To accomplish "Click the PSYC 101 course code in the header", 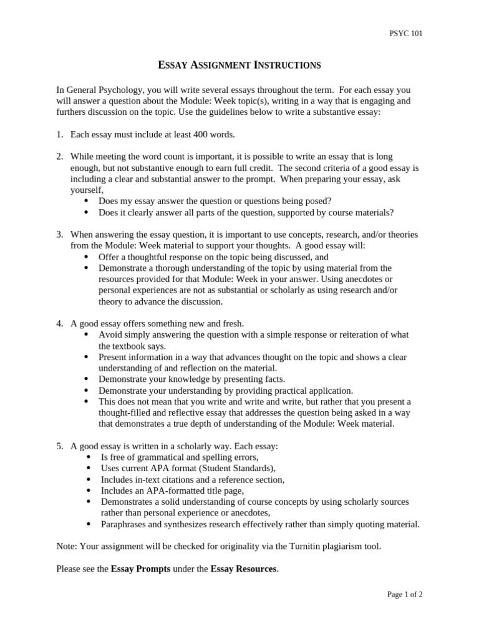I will pos(405,34).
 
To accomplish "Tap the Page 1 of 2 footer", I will pos(405,595).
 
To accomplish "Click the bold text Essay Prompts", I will pos(140,568).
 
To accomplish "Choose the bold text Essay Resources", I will pos(243,568).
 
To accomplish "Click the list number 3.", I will pos(60,234).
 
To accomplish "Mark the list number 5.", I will pos(60,446).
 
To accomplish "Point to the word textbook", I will pos(129,346).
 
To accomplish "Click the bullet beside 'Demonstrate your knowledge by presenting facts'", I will pos(85,379).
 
